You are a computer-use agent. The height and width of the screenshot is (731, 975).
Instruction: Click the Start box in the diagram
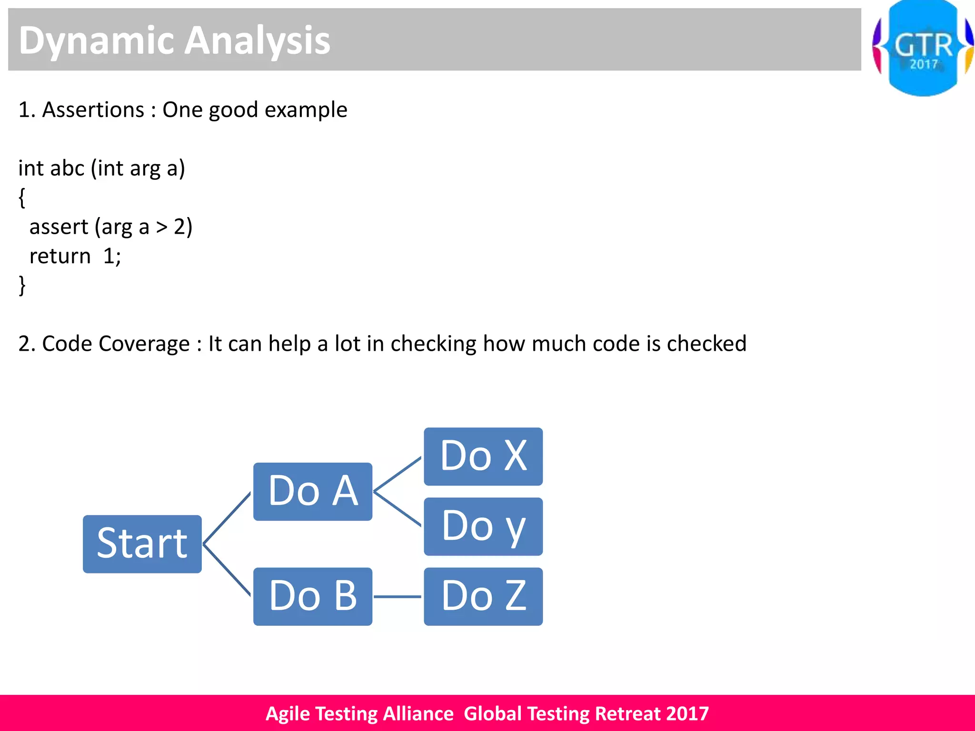coord(142,544)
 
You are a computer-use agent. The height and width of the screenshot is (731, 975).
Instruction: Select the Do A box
coord(312,492)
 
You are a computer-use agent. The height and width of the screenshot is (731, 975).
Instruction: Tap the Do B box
coord(312,596)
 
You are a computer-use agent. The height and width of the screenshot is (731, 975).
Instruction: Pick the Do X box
coord(483,456)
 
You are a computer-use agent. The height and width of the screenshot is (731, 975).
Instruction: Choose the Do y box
coord(483,526)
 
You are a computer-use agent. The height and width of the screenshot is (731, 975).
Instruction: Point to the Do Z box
coord(483,596)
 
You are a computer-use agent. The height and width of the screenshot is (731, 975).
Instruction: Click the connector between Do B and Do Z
coord(398,596)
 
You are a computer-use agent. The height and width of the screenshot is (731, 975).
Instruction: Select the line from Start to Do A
coord(227,518)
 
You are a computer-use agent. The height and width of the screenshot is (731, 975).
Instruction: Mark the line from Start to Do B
coord(227,570)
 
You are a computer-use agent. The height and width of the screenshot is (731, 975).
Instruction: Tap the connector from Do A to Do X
coord(398,474)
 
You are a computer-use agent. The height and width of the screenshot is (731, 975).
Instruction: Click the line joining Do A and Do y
coord(398,509)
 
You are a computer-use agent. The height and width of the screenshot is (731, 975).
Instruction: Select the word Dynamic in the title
coord(96,41)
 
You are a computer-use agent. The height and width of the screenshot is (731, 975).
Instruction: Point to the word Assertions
coord(93,110)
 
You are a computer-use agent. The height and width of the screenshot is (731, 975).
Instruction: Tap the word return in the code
coord(60,257)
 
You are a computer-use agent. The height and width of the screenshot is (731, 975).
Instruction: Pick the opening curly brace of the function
coord(22,198)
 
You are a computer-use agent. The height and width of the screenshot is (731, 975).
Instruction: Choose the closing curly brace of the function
coord(22,286)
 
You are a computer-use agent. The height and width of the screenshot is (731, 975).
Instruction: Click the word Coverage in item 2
coord(144,344)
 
